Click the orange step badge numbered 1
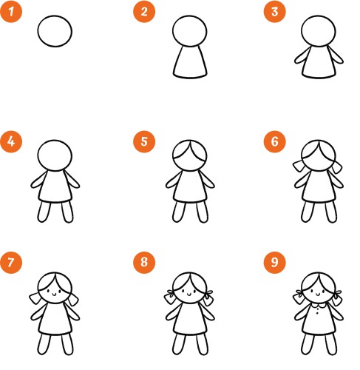coord(11,12)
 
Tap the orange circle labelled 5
coord(144,141)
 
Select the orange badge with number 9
coord(275,262)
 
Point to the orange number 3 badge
coord(275,12)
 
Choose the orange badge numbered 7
coord(11,262)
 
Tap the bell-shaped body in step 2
coord(190,62)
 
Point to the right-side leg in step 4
coord(67,212)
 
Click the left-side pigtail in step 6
coord(299,166)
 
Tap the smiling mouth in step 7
coord(55,294)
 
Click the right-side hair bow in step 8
coord(208,293)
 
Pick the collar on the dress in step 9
coord(318,306)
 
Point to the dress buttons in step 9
coord(317,315)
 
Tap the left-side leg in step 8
coord(178,344)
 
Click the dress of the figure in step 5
coord(190,186)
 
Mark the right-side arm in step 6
coord(336,179)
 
